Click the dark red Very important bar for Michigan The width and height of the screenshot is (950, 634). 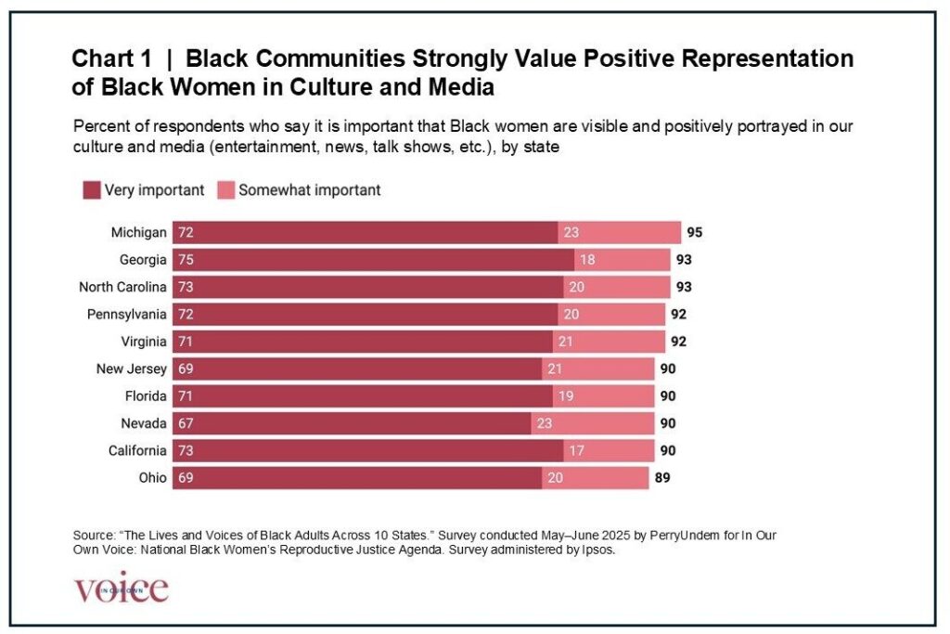coord(371,232)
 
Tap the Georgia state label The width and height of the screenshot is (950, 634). coord(144,260)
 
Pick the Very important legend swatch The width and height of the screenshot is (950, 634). coord(91,190)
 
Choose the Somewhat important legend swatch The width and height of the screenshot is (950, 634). coord(225,190)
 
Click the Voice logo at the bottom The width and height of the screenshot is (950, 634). coord(121,589)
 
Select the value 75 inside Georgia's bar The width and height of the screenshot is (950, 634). coord(186,260)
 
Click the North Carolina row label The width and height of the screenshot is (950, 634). coord(122,287)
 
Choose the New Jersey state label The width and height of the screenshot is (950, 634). coord(132,369)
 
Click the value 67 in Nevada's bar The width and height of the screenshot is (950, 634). coord(186,423)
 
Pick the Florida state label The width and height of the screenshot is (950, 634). coord(146,396)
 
